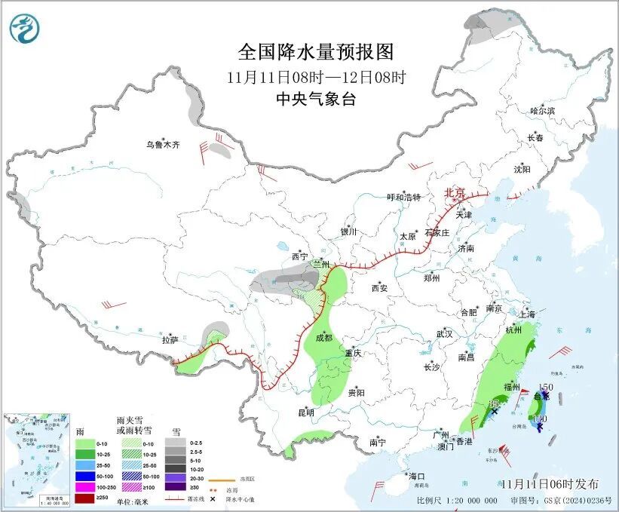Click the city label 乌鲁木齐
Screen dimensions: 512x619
[163, 145]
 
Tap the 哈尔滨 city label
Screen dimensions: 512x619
[541, 111]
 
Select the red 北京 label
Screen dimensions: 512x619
[455, 193]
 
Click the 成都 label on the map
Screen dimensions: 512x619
[323, 339]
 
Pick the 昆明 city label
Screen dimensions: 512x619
[305, 412]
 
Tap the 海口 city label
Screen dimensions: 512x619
[416, 476]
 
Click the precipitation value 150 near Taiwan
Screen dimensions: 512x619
[546, 388]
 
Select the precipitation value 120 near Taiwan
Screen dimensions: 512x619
[538, 418]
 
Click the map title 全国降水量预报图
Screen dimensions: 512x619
[316, 53]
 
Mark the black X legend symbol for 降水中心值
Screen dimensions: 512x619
[214, 499]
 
